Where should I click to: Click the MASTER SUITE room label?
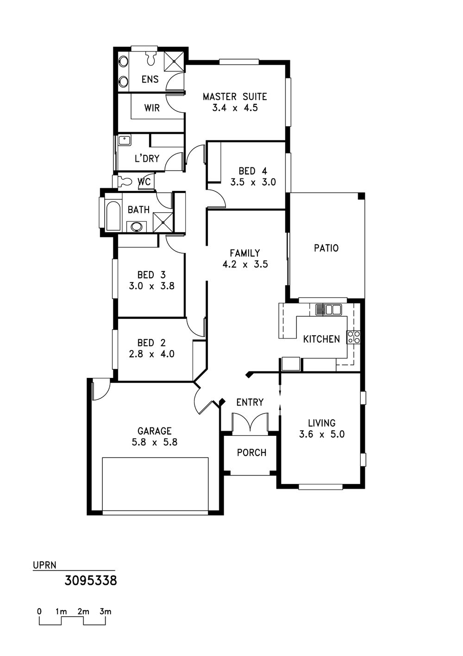[x=235, y=96]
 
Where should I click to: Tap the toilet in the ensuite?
[x=150, y=58]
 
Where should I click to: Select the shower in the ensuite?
[x=174, y=61]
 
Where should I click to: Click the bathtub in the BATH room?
[x=113, y=216]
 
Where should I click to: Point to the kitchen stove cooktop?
[x=354, y=337]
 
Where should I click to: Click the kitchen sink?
[x=328, y=310]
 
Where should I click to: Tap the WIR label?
[x=152, y=108]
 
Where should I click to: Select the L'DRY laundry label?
[x=147, y=159]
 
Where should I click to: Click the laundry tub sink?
[x=125, y=140]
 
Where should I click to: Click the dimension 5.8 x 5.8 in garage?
[x=155, y=442]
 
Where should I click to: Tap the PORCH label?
[x=251, y=453]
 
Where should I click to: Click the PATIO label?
[x=326, y=248]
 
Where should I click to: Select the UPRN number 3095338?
[x=91, y=580]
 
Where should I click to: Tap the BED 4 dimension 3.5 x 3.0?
[x=253, y=182]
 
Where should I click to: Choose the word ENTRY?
[x=250, y=402]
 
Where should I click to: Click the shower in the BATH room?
[x=163, y=222]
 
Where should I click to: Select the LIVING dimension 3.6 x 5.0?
[x=322, y=434]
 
